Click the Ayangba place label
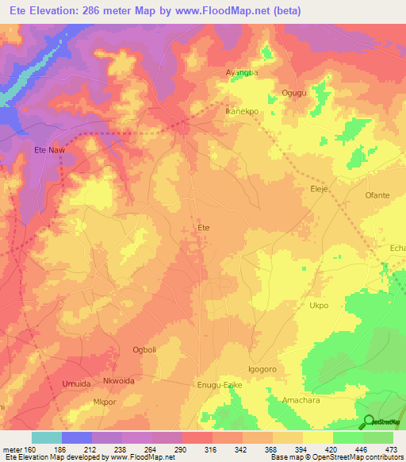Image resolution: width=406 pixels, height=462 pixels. [243, 72]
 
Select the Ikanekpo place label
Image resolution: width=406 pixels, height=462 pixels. [242, 112]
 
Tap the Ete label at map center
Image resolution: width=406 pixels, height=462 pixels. [204, 228]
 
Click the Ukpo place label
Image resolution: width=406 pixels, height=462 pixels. [318, 305]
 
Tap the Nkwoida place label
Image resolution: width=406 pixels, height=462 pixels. [121, 380]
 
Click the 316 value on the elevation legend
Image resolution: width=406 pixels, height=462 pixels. [210, 449]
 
